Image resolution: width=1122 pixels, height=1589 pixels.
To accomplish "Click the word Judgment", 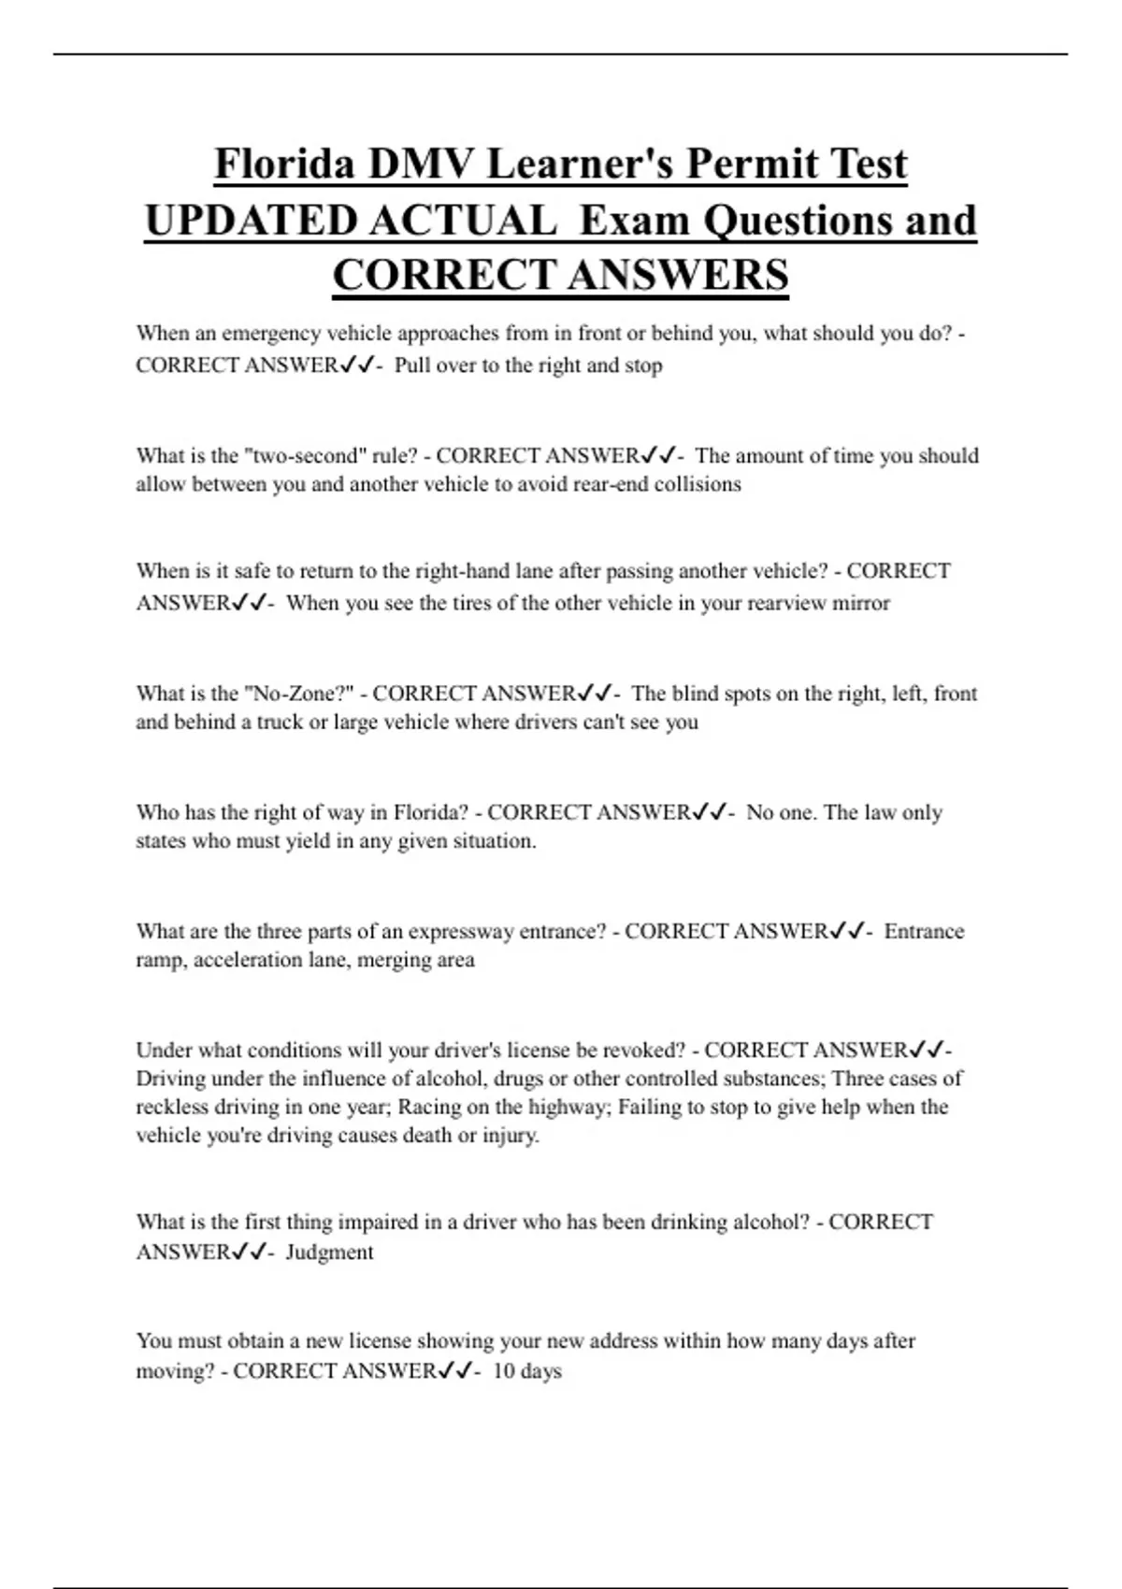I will [x=329, y=1253].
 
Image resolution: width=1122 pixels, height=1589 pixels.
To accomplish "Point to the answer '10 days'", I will [x=527, y=1371].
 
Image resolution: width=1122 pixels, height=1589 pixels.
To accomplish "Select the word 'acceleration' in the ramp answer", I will [x=248, y=960].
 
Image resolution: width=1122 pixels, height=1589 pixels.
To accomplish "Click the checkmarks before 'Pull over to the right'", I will [x=358, y=365].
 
